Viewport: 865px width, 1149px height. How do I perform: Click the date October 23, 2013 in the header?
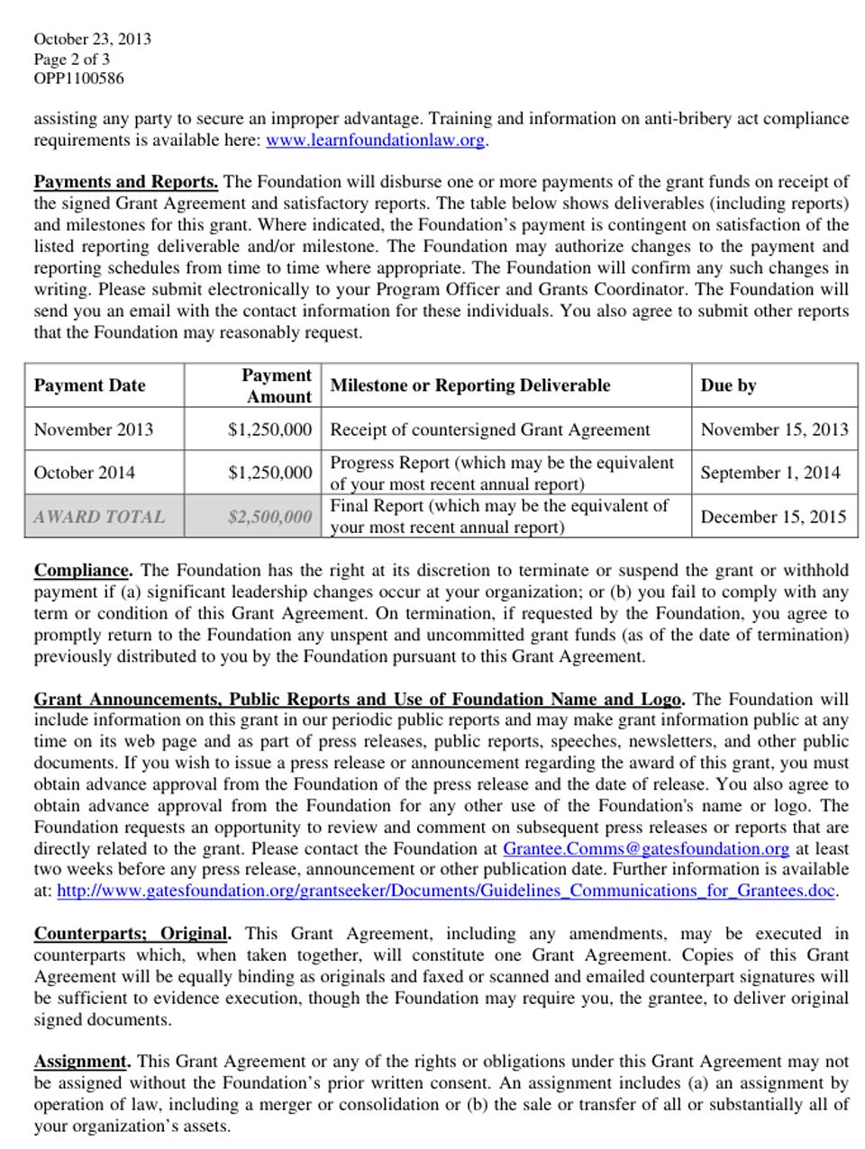tap(92, 39)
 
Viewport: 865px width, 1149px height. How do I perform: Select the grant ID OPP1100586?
tap(78, 78)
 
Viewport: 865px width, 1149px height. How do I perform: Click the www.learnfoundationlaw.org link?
tap(375, 140)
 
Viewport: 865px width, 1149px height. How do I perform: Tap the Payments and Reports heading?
tap(125, 182)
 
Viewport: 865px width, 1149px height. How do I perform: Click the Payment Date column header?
tap(89, 385)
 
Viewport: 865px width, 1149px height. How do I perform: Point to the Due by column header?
tap(728, 385)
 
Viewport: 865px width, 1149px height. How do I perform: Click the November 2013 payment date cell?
tap(93, 430)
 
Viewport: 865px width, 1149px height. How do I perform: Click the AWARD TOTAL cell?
tap(99, 517)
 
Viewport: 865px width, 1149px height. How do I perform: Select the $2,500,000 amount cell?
tap(269, 517)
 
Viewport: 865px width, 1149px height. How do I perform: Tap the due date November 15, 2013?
tap(774, 430)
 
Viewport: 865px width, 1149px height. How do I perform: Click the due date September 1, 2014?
tap(769, 473)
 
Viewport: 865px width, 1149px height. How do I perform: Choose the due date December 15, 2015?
tap(773, 517)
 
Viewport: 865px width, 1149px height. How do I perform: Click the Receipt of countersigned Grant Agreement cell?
tap(489, 430)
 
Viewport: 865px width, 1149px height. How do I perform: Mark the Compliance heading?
tap(83, 570)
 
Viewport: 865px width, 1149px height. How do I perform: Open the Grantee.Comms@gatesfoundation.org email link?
tap(645, 848)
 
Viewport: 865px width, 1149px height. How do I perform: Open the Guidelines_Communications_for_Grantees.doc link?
tap(446, 891)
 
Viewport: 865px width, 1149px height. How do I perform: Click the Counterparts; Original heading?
tap(132, 934)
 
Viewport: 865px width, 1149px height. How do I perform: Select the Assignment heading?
tap(82, 1062)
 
